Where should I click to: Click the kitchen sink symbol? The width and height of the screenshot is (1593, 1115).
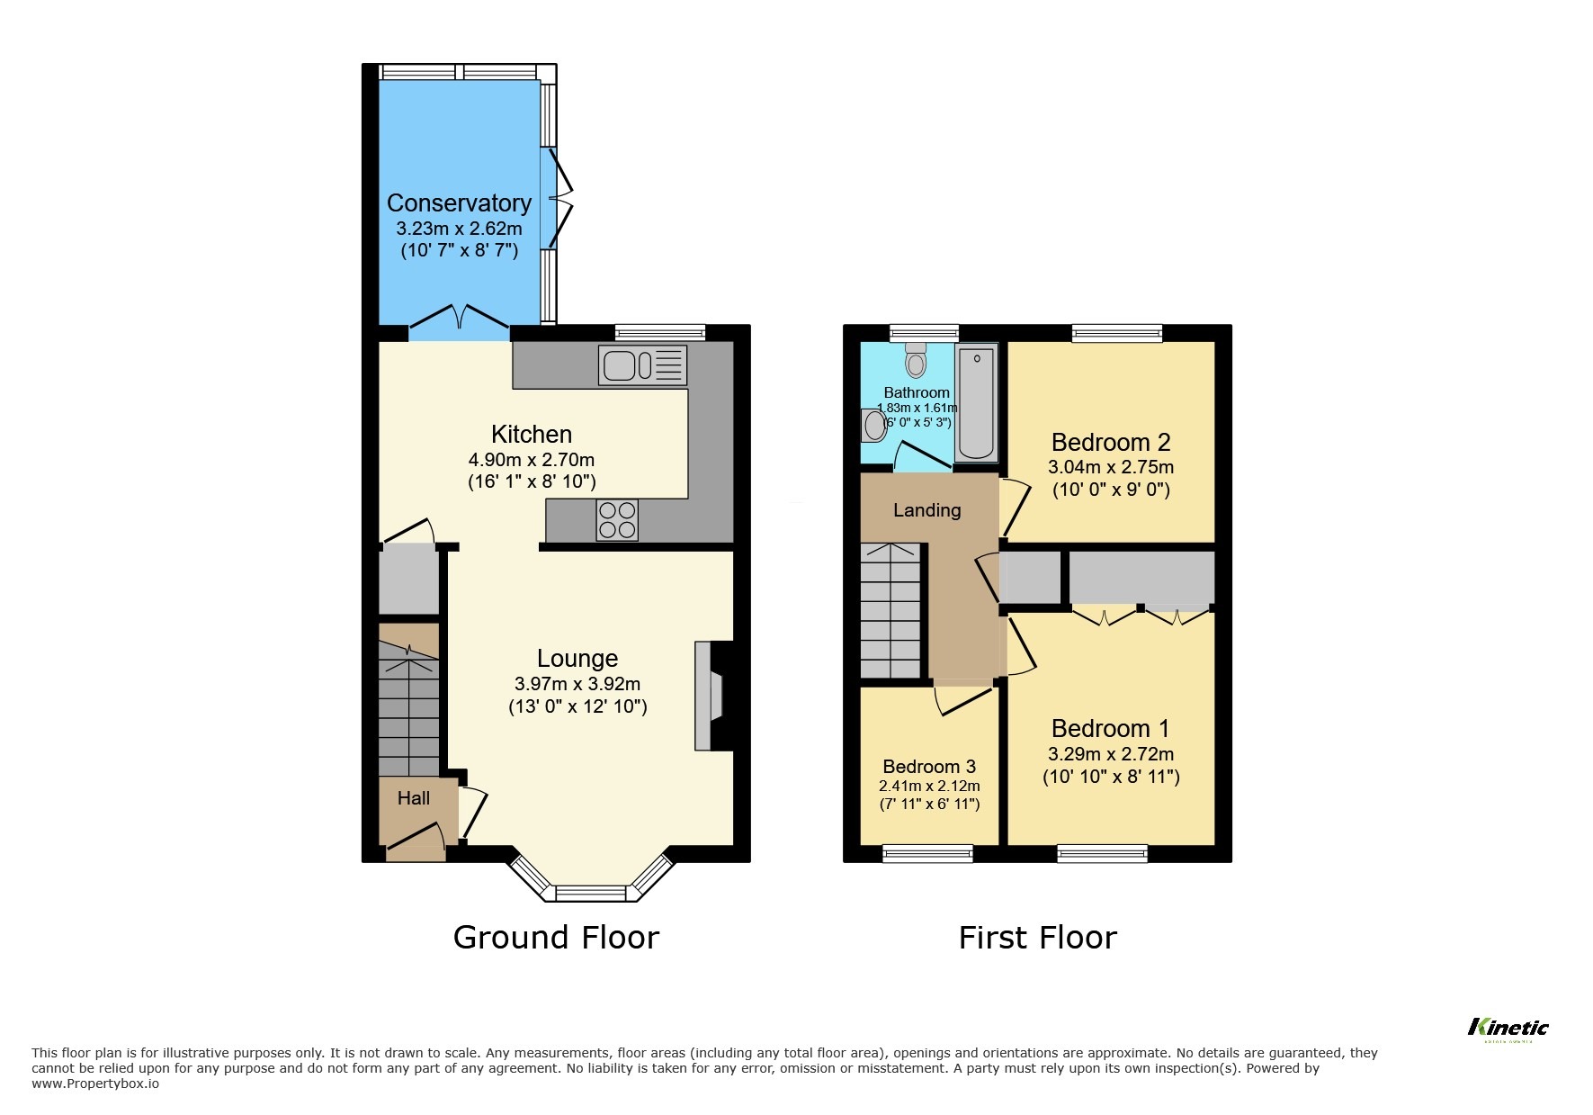pos(642,366)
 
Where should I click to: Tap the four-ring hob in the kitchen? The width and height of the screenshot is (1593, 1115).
pos(617,520)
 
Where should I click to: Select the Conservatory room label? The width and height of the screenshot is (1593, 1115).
pos(459,203)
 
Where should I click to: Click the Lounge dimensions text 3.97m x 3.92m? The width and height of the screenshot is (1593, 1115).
pos(577,684)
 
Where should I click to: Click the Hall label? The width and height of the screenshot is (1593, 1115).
pos(414,798)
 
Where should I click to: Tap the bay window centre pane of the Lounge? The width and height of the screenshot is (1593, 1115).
pos(590,893)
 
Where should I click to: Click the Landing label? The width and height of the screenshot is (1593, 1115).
pos(926,510)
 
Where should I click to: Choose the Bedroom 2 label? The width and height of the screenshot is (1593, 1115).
pos(1111,443)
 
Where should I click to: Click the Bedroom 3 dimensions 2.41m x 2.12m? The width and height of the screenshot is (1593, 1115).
pos(929,787)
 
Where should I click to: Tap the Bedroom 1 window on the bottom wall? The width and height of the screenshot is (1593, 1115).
pos(1103,853)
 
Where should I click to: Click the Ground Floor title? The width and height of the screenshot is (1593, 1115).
pos(556,938)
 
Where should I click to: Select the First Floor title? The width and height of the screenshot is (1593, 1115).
pos(1037,938)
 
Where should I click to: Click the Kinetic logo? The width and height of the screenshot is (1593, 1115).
pos(1508,1029)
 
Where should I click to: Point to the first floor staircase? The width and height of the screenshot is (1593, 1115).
pos(890,612)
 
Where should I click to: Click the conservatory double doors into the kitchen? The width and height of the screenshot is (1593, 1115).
pos(459,319)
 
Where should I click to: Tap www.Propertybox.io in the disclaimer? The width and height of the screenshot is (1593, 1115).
pos(95,1084)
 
